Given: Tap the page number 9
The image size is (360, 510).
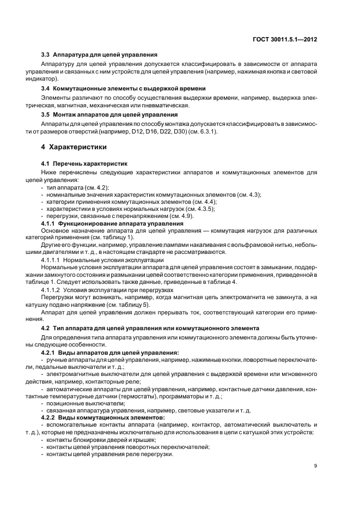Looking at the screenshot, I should pyautogui.click(x=316, y=465).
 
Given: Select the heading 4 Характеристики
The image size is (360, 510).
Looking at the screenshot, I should pyautogui.click(x=74, y=148).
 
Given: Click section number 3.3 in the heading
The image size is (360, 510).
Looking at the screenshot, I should pyautogui.click(x=46, y=55).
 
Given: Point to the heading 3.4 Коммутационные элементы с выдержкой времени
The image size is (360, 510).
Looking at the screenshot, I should pyautogui.click(x=123, y=88).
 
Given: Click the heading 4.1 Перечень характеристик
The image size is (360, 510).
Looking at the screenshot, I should pyautogui.click(x=84, y=163).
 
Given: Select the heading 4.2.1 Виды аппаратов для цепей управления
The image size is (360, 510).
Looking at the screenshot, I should pyautogui.click(x=110, y=353).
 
